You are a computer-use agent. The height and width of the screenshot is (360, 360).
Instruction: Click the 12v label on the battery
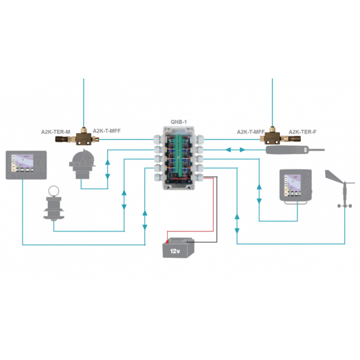[x=175, y=251]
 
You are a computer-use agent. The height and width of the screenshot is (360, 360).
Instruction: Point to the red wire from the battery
[x=213, y=207]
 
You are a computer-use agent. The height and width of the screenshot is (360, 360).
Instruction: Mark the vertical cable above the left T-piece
[x=83, y=100]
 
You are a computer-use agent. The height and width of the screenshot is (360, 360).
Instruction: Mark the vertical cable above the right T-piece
[x=272, y=100]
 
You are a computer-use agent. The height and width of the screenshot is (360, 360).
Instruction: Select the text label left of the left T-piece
[x=55, y=131]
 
